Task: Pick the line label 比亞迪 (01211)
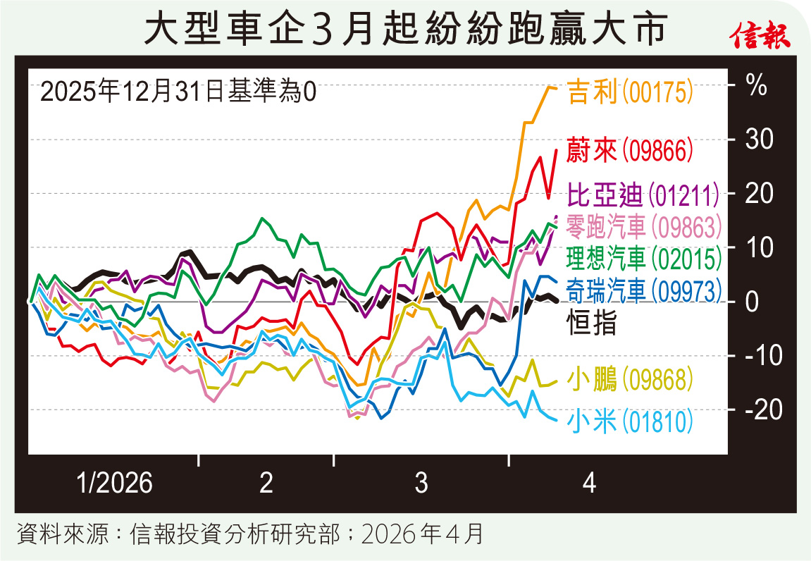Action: (643, 194)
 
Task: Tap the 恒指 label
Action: (592, 323)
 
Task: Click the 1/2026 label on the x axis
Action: (114, 484)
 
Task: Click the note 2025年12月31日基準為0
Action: (179, 92)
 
